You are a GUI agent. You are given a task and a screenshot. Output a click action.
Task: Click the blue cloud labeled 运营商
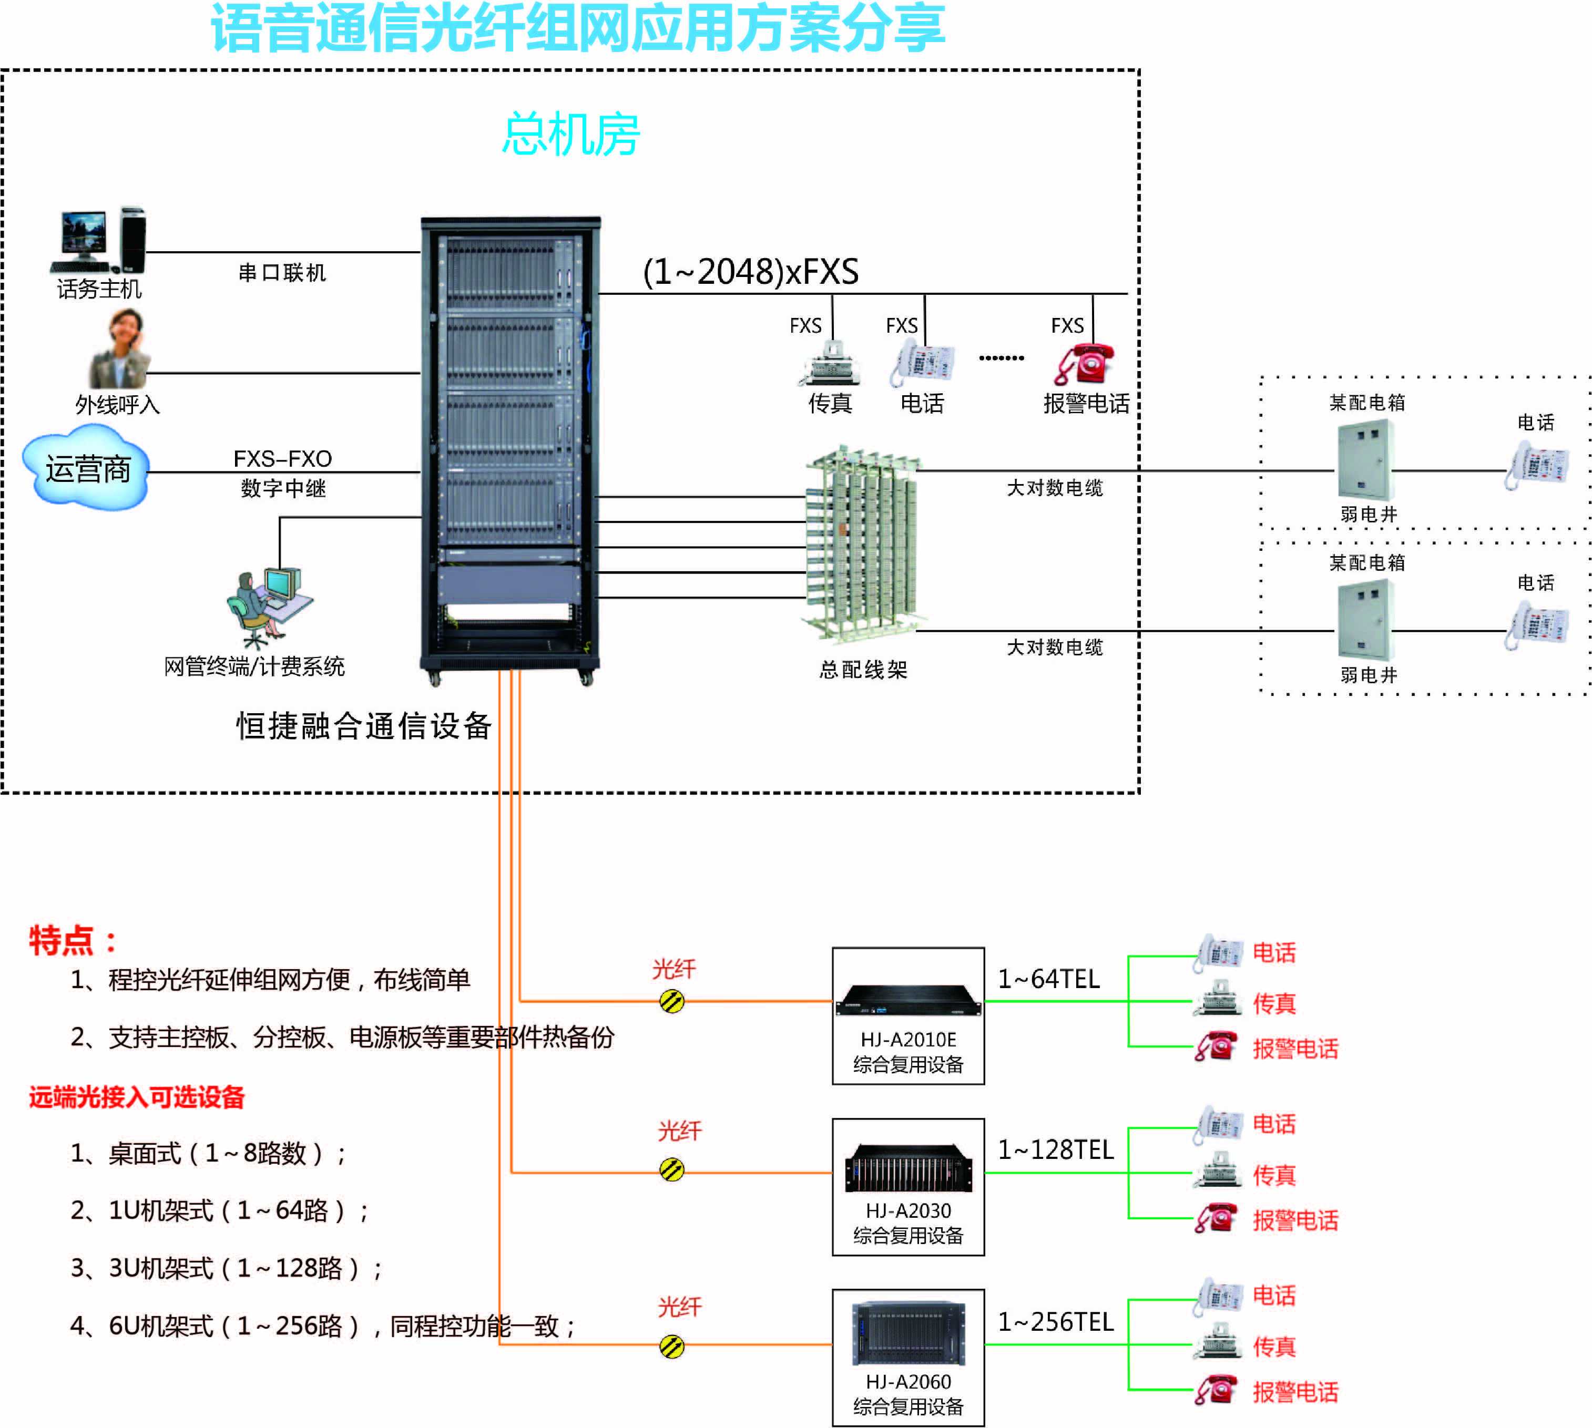(x=86, y=468)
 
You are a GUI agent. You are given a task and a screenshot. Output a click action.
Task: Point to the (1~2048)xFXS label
(x=750, y=272)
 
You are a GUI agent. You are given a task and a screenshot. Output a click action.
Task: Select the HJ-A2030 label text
(x=909, y=1210)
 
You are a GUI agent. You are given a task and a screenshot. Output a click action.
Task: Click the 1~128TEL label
(x=1055, y=1149)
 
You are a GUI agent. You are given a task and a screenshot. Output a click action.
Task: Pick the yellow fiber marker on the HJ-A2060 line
(x=672, y=1347)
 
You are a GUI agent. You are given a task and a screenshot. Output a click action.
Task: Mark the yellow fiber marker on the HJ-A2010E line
(x=672, y=1001)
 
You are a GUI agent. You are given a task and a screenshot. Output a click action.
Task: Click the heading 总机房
(x=570, y=134)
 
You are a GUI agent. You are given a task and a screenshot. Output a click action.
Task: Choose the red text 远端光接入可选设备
(x=137, y=1097)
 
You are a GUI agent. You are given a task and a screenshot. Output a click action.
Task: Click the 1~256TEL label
(x=1055, y=1322)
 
